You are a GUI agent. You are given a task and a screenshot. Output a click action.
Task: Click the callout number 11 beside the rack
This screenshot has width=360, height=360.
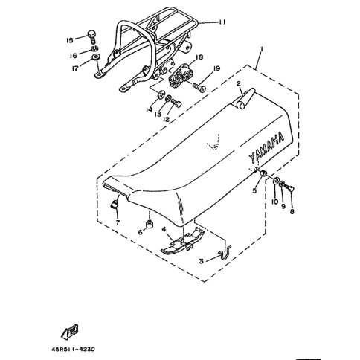tap(222, 22)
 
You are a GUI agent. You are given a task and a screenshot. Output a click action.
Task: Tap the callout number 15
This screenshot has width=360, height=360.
tap(70, 40)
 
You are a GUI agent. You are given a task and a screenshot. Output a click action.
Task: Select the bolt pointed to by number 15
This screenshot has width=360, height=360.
tap(91, 36)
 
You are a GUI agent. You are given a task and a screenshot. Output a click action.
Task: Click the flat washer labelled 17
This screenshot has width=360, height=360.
tap(96, 57)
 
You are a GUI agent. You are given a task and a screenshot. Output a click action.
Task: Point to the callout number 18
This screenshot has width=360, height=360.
tap(199, 57)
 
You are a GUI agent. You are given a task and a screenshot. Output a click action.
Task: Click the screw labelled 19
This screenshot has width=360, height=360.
tap(199, 87)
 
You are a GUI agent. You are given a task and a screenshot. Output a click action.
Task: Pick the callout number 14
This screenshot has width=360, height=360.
tap(149, 109)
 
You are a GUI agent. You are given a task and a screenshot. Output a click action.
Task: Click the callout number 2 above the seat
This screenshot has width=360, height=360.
tap(239, 84)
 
